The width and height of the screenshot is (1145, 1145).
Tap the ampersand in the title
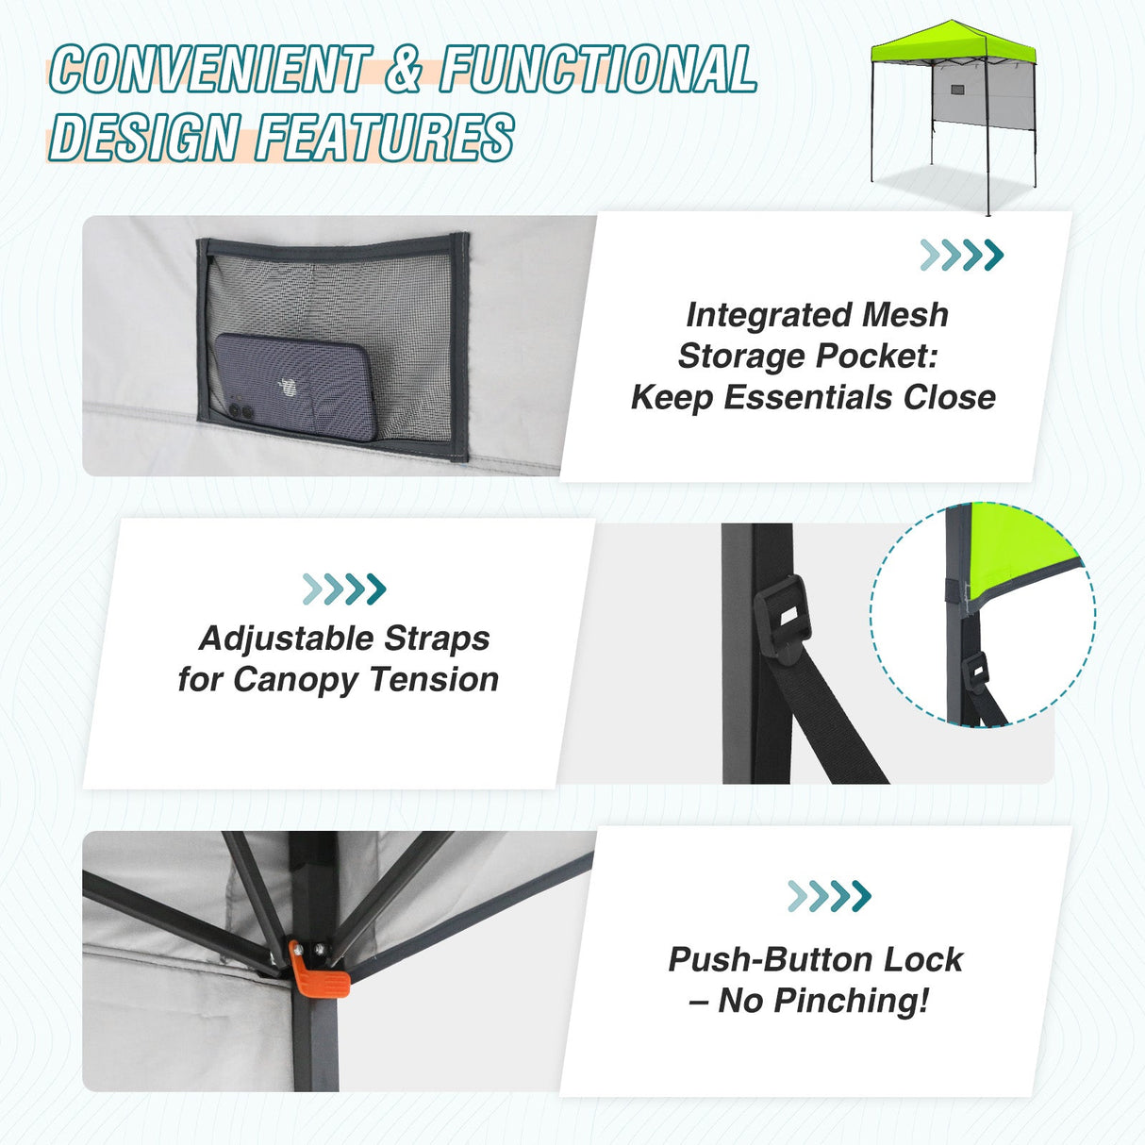coord(404,70)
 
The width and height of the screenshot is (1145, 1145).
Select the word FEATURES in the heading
coord(385,138)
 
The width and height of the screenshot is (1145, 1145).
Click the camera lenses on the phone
coord(240,411)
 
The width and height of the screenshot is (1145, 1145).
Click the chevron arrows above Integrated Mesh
coord(961,255)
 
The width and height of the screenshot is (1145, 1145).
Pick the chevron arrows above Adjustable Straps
coord(344,589)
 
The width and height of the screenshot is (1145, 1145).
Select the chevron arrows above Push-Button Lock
coord(829,896)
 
